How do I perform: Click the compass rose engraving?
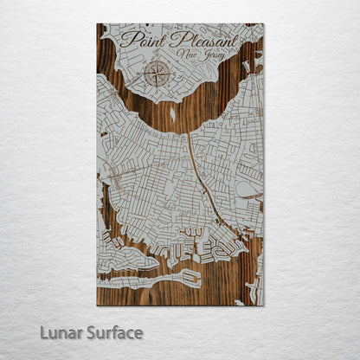tap(157, 73)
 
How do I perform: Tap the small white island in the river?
tap(172, 112)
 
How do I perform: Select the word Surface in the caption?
tap(112, 332)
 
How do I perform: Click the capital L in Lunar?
tap(42, 332)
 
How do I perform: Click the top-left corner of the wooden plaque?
tap(97, 24)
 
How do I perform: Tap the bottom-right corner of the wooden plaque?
tap(264, 305)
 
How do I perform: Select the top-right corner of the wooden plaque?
tap(264, 24)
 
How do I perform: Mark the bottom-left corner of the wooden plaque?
tap(97, 305)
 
